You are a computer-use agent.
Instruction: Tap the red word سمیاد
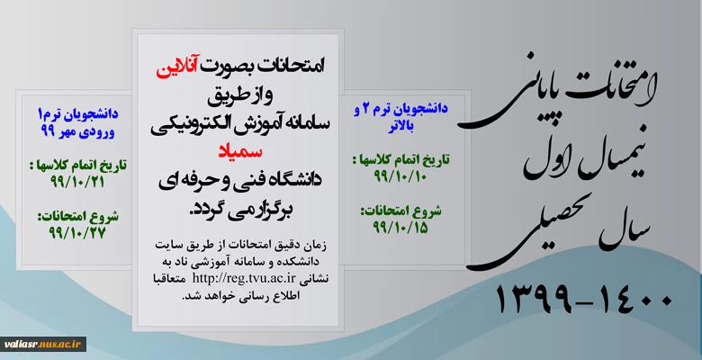click(240, 151)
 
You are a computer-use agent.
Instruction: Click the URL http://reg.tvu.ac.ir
click(244, 278)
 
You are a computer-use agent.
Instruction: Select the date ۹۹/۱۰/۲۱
click(77, 182)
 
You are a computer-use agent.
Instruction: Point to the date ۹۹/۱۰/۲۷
click(77, 233)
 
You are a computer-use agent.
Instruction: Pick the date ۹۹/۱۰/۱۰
click(400, 176)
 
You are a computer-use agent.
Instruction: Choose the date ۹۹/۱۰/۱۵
click(400, 227)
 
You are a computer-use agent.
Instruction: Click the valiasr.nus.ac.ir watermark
click(43, 344)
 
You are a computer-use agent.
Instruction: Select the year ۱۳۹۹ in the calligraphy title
click(534, 299)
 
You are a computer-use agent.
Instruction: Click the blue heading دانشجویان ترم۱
click(78, 114)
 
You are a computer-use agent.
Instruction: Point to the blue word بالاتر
click(400, 126)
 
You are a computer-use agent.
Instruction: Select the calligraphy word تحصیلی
click(537, 233)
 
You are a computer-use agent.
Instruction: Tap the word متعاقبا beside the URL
click(314, 278)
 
